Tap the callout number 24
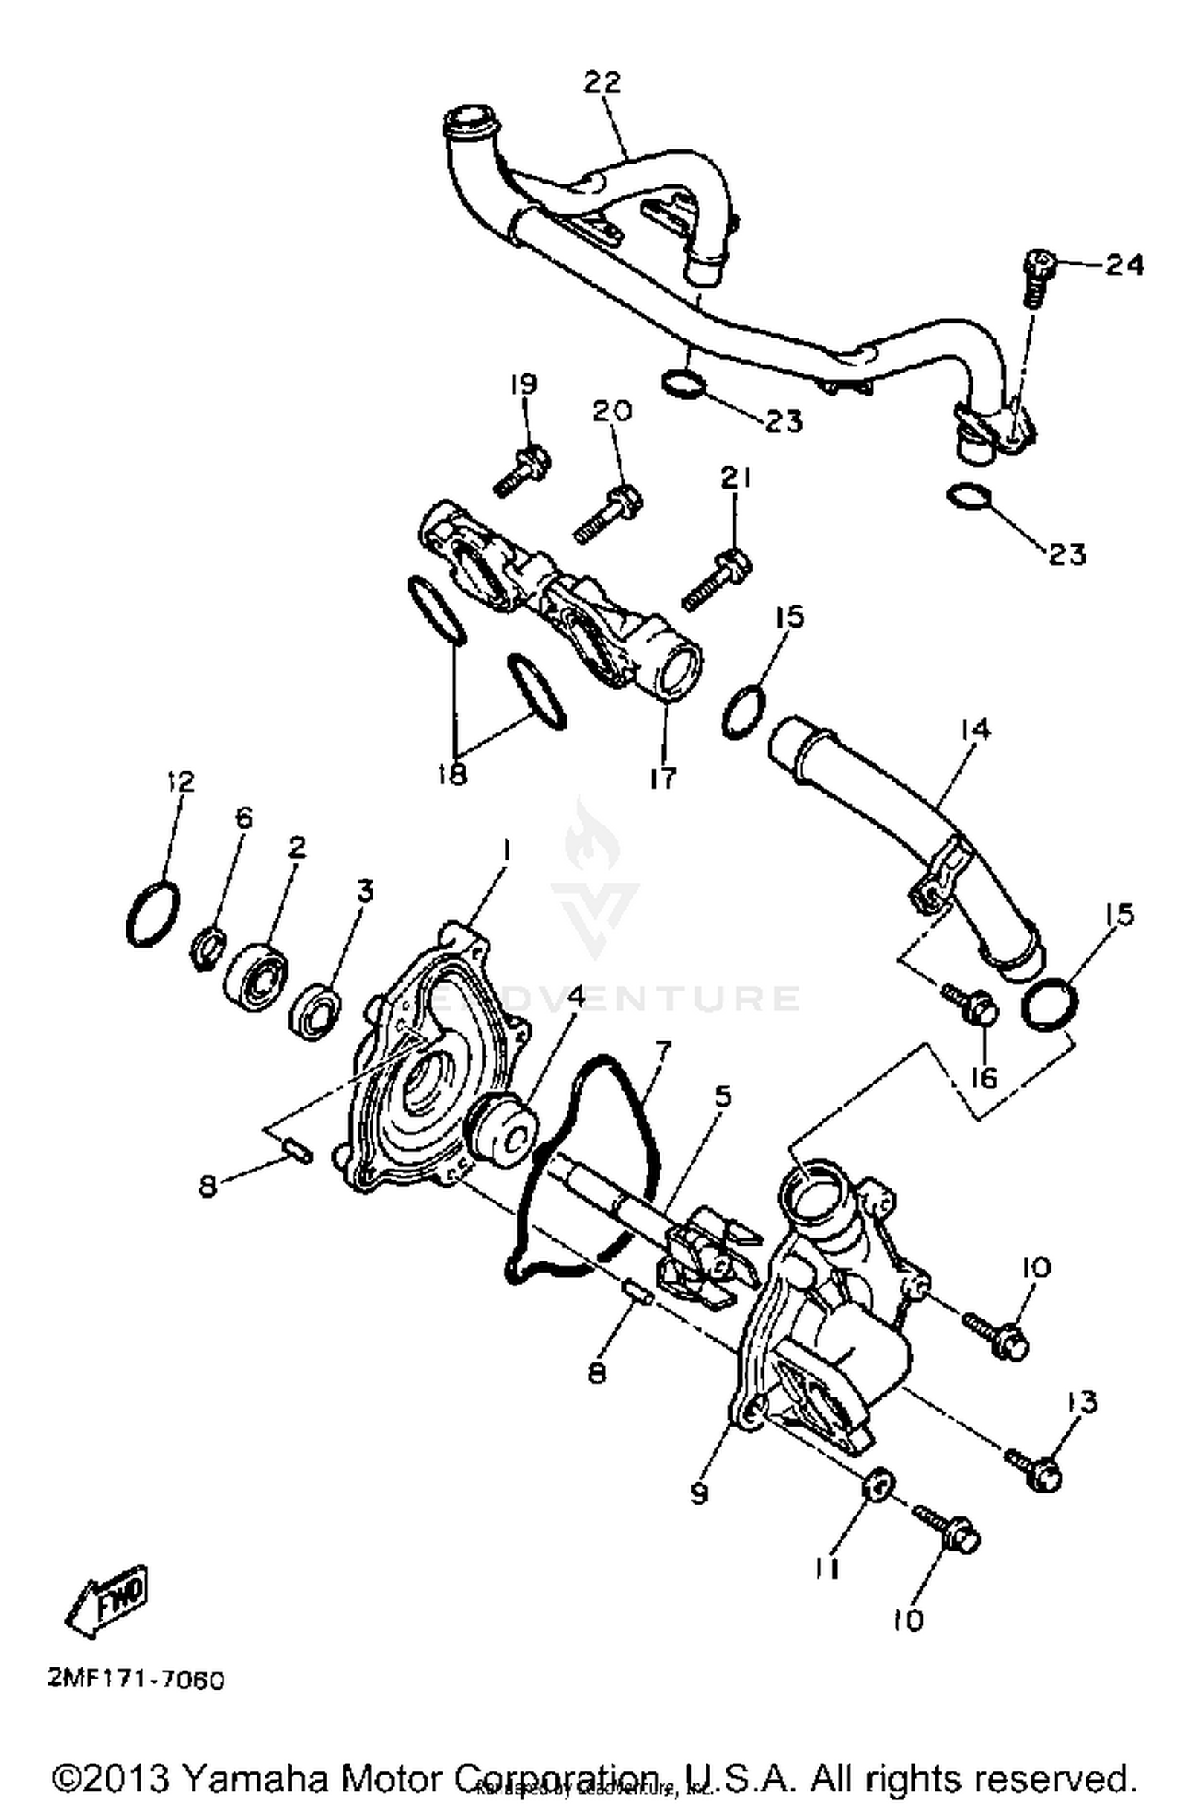[1124, 264]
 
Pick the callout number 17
[662, 778]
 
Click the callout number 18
[453, 773]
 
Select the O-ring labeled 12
[153, 915]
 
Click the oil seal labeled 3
[315, 1011]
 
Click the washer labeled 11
[879, 1484]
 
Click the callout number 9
[699, 1493]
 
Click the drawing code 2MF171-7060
[137, 1681]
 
